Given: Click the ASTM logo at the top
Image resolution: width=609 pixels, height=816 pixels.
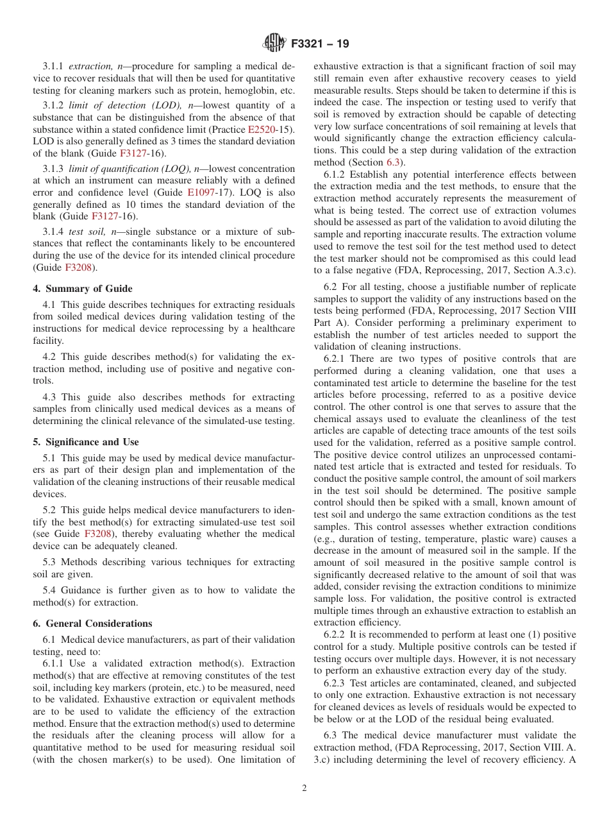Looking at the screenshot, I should pos(274,44).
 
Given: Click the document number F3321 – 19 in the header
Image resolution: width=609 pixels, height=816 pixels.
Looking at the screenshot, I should pos(320,44).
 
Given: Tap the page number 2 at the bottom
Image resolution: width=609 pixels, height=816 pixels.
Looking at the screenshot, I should pos(304,788).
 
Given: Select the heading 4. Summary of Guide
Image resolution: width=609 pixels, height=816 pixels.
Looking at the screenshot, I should pos(83,289).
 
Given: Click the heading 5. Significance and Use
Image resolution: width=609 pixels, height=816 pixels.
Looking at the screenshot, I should pos(86,442).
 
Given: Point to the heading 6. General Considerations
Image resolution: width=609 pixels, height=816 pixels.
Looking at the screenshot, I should pos(93,624).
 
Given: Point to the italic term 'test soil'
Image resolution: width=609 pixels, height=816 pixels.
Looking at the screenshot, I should pos(87,231).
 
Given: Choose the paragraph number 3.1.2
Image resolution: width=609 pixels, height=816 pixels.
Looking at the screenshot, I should pos(54,105).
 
